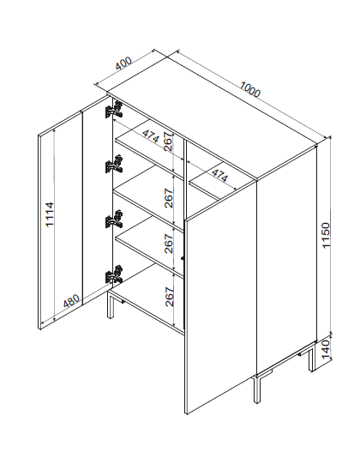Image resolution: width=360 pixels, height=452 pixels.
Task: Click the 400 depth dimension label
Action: (123, 63)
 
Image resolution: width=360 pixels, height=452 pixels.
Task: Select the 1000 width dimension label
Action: (250, 89)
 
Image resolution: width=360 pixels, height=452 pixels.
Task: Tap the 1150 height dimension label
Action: (326, 235)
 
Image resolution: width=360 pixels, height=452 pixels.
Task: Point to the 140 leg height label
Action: (326, 349)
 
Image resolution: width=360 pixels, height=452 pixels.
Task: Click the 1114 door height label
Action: (50, 214)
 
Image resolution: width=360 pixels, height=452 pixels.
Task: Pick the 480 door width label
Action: (71, 301)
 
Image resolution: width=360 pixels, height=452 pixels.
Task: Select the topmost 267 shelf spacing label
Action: (168, 142)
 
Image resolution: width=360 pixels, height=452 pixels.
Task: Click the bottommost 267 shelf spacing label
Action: (170, 297)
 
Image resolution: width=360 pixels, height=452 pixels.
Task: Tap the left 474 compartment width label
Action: (151, 136)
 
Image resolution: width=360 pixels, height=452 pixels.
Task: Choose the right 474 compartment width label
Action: (219, 175)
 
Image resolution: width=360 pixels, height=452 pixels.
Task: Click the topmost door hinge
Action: (114, 110)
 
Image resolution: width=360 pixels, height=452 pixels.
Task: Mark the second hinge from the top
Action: (114, 165)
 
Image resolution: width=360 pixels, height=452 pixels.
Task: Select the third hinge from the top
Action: (114, 219)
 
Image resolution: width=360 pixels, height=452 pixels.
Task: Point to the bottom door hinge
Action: (114, 274)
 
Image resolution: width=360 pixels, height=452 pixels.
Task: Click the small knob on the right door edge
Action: (183, 258)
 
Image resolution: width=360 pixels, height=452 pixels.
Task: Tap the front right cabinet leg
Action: (257, 389)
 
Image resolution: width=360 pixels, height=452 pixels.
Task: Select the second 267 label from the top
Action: (169, 198)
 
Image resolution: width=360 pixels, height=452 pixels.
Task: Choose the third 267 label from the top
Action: (169, 244)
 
